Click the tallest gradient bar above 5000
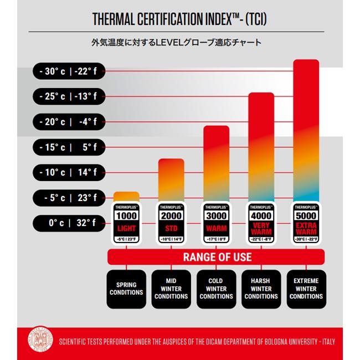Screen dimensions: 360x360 306,127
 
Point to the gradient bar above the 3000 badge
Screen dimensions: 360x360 216,163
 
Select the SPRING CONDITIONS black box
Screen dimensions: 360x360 126,289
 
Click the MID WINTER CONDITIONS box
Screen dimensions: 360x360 171,289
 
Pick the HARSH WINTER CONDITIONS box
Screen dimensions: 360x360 261,289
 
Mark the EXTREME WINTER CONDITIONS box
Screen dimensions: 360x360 306,289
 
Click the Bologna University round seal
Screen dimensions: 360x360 39,341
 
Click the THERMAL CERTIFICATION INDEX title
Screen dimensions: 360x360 180,20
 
